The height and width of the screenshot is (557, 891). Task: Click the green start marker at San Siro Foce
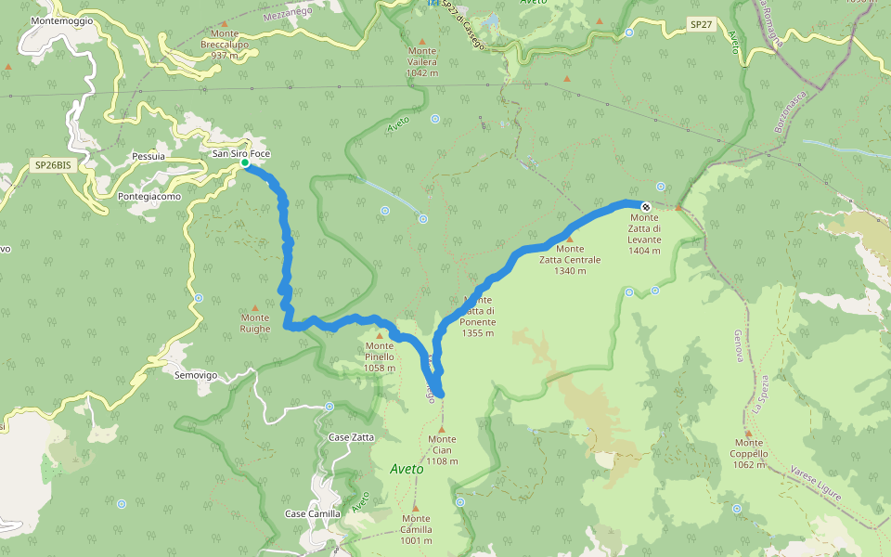tap(245, 163)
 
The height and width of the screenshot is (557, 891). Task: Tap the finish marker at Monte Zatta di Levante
tap(646, 206)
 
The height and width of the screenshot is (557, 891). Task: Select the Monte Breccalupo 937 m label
tap(226, 45)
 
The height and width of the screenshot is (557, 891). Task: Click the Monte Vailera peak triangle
tap(422, 41)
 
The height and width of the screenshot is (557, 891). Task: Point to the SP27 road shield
tap(701, 23)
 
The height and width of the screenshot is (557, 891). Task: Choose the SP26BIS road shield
tap(52, 165)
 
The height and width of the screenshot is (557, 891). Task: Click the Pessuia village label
tap(148, 157)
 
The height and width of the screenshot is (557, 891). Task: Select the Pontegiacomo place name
tap(152, 196)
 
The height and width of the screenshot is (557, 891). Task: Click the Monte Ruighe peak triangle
tap(255, 307)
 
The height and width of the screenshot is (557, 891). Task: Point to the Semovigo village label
tap(196, 375)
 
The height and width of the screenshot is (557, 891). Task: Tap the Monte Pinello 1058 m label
tap(379, 356)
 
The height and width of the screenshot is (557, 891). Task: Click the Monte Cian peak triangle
tap(442, 429)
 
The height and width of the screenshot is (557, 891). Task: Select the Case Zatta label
tap(352, 436)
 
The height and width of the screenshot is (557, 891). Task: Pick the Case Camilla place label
tap(313, 513)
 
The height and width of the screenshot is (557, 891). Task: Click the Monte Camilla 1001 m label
tap(416, 529)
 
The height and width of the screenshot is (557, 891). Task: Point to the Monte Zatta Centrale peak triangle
tap(570, 239)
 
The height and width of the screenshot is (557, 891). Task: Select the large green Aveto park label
tap(407, 469)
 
